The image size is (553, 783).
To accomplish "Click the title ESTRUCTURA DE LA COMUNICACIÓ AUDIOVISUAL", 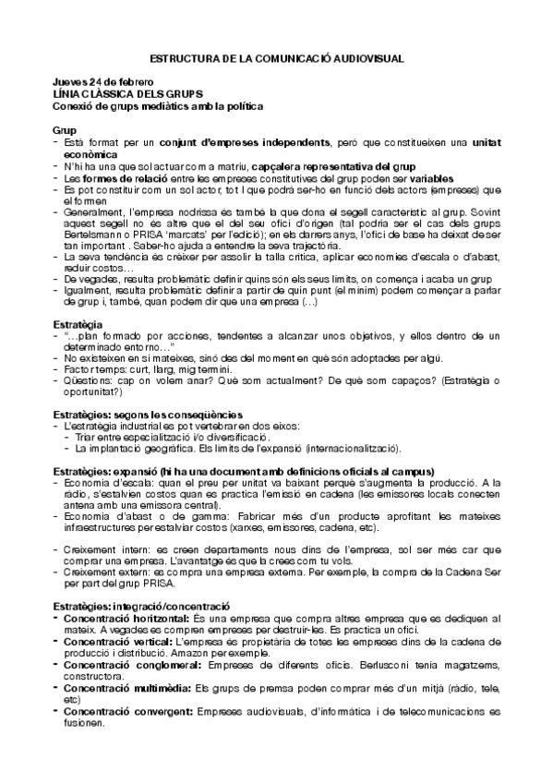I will pyautogui.click(x=276, y=57).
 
